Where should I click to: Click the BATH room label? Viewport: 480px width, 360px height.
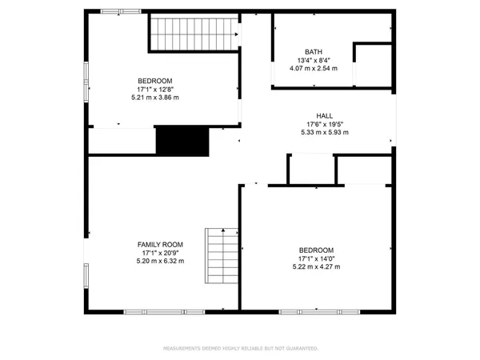coord(313,51)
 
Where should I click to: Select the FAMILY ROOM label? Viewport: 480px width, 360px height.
coord(160,244)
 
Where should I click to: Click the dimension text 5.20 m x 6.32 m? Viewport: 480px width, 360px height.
coord(160,261)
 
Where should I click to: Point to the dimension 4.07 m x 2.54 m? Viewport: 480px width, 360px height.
coord(313,69)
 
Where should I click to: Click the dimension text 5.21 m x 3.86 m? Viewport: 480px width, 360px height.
coord(154,98)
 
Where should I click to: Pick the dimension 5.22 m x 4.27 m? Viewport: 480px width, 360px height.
coord(316,267)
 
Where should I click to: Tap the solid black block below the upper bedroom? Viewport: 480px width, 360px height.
coord(182,142)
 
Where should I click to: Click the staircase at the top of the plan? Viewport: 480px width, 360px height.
coord(195,34)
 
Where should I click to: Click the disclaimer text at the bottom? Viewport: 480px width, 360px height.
coord(240,349)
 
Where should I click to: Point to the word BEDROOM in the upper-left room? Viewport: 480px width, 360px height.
coord(154,81)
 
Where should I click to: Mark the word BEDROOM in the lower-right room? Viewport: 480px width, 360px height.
coord(316,250)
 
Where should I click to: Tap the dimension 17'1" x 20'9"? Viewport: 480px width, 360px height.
coord(160,253)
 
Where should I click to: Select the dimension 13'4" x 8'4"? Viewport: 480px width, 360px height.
coord(313,60)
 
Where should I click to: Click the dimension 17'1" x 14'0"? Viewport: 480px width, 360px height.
coord(316,258)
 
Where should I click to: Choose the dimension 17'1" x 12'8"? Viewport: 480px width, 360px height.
coord(154,89)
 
